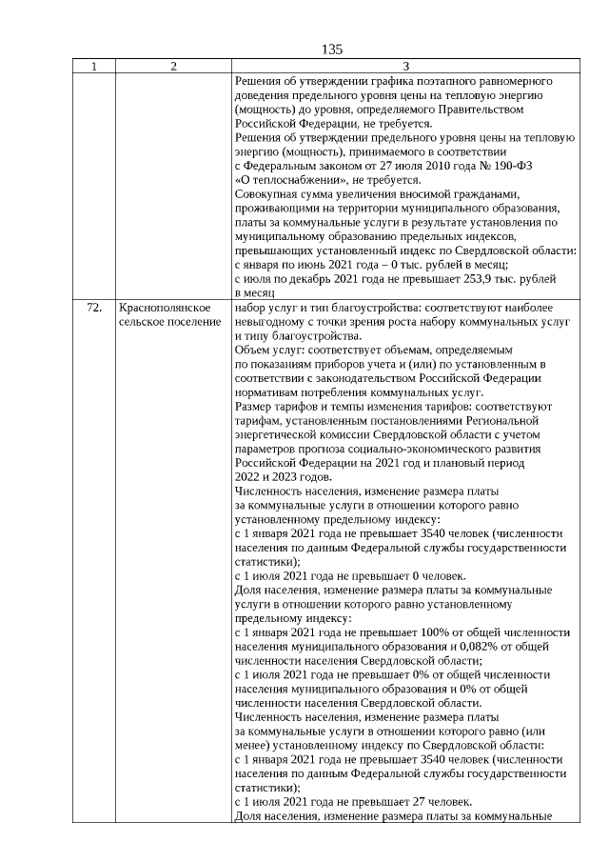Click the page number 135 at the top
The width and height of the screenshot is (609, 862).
[x=332, y=50]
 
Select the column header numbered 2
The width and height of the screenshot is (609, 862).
[x=172, y=67]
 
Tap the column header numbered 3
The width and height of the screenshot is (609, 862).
[x=405, y=67]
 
